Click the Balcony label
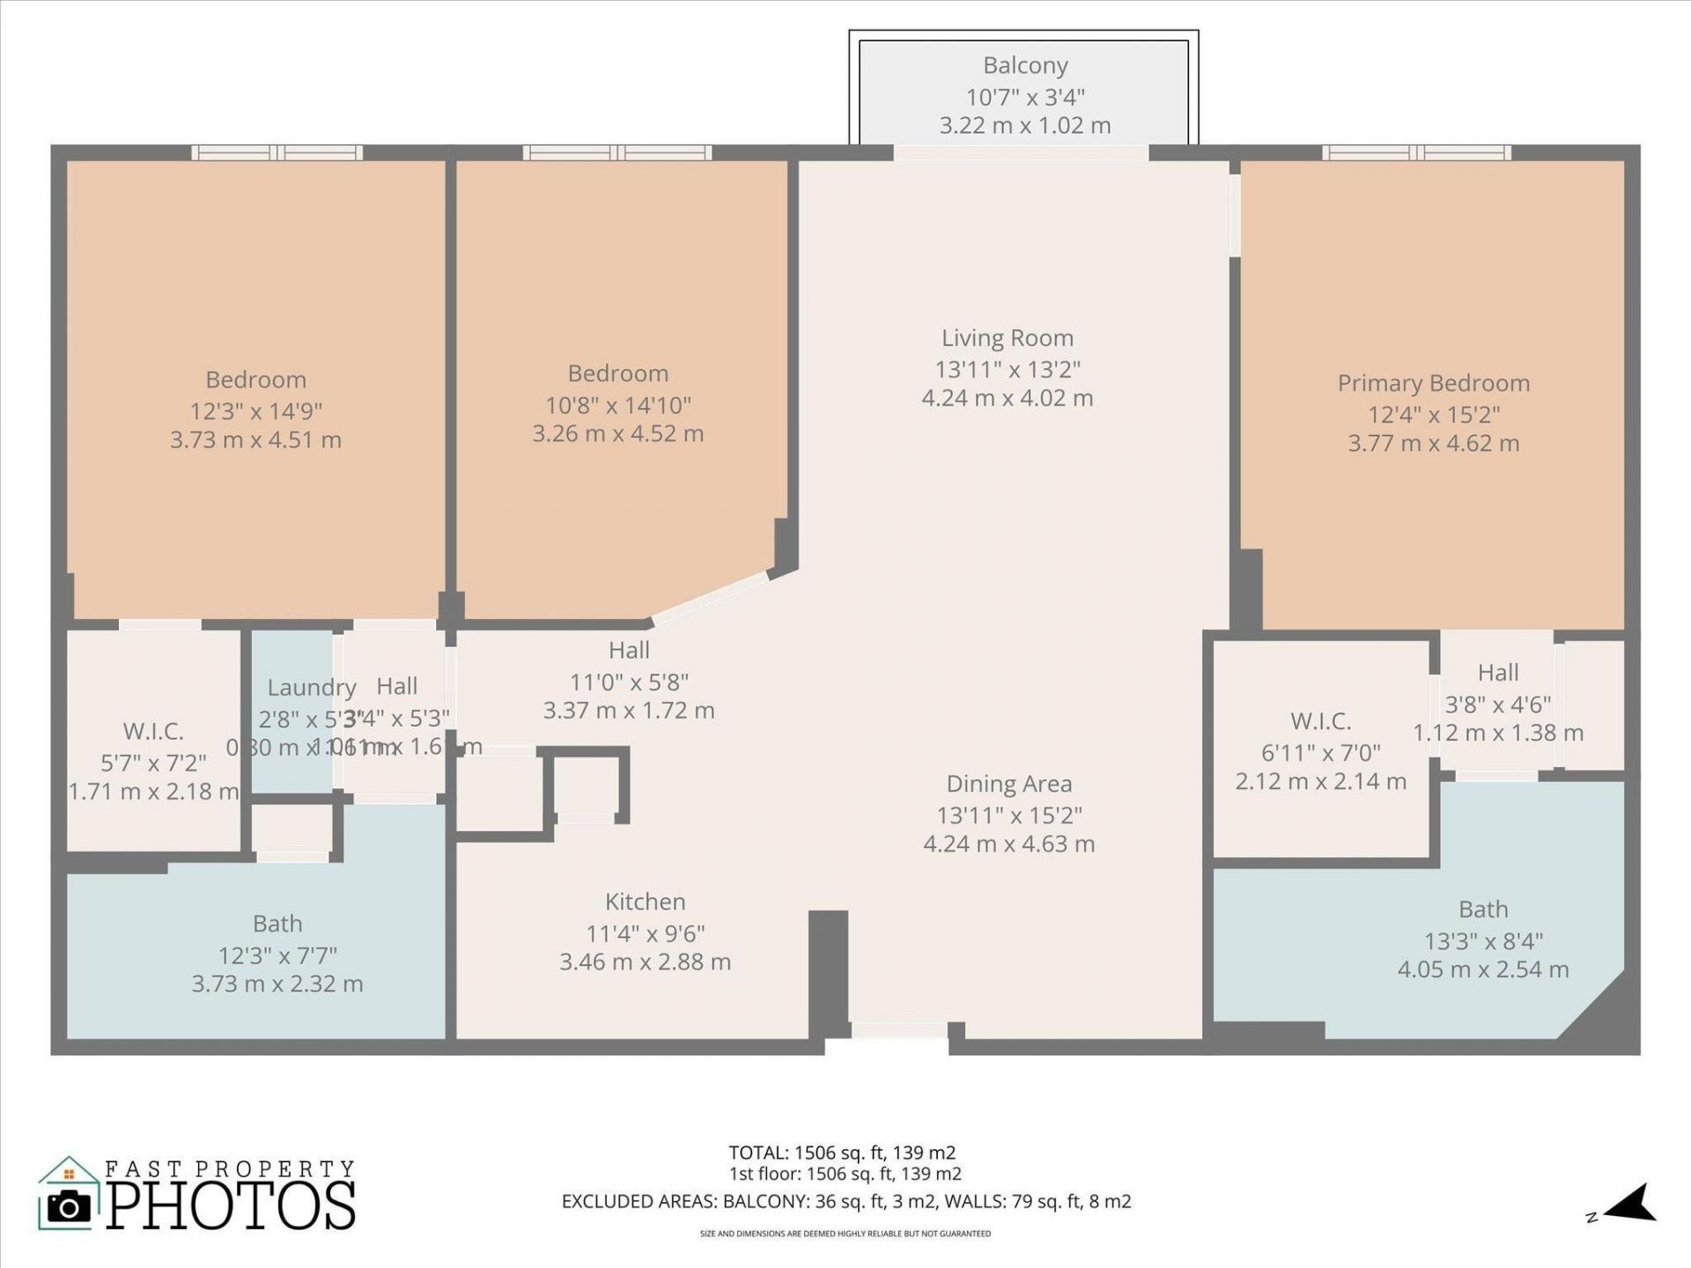coord(1025,66)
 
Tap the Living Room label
coord(1008,338)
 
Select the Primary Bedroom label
coord(1433,383)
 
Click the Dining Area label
coord(1008,784)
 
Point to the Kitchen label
coord(645,902)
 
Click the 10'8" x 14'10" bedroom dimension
coord(617,405)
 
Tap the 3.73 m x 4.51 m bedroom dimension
coord(255,440)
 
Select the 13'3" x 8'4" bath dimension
coord(1483,941)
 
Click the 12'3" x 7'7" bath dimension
coord(277,955)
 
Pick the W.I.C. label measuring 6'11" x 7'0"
coord(1320,721)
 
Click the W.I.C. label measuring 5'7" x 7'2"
coord(153,731)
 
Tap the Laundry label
coord(312,688)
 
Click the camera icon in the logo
coord(69,1206)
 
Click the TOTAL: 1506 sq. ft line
coord(842,1153)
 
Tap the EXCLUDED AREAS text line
coord(845,1202)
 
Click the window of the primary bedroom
coord(1415,153)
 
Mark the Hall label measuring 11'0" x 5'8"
coord(629,651)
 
